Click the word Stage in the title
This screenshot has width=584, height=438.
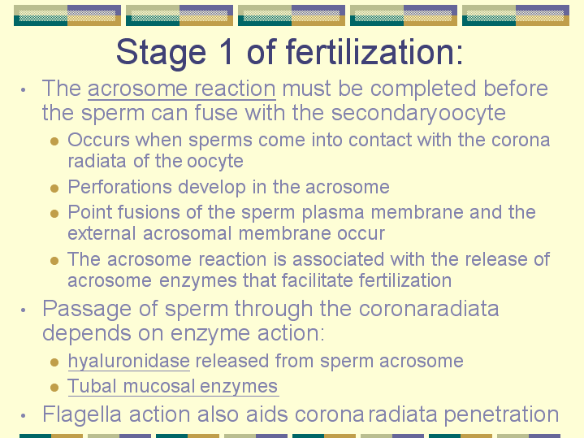pos(161,53)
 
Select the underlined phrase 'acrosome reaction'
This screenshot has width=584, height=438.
pos(182,89)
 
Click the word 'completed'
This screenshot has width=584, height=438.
pos(423,90)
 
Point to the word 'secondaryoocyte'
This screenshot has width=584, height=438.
pos(418,114)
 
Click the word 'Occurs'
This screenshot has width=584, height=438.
pos(99,140)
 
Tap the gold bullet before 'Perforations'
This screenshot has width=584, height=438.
pos(54,188)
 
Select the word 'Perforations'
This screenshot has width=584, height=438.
pos(119,187)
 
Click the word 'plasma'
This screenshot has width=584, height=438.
pos(332,213)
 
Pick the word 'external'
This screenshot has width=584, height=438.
pos(102,233)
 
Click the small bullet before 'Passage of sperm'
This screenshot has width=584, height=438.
pos(24,310)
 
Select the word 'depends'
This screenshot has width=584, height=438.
pos(87,334)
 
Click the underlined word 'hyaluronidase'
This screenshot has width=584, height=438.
pos(129,362)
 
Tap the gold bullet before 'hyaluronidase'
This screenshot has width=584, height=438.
pos(54,362)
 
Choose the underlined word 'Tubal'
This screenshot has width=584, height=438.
pos(92,386)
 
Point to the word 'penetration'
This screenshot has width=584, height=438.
pos(501,415)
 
